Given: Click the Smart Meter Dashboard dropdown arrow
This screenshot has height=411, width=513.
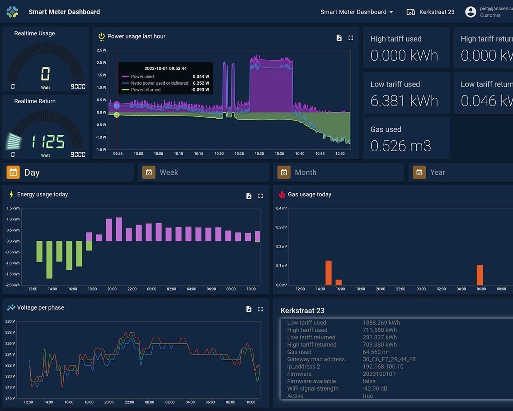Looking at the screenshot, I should [391, 12].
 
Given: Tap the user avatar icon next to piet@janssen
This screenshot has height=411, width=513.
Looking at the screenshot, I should [471, 12].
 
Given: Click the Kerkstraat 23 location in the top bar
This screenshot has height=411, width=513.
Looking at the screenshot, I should [430, 12].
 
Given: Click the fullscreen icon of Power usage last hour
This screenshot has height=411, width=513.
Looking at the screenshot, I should [351, 38].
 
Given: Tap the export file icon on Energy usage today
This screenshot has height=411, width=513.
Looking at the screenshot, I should [249, 196].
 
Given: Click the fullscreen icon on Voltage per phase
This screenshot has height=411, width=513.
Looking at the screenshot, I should [260, 309].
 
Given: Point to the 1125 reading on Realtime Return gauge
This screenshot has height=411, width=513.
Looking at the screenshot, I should [48, 142].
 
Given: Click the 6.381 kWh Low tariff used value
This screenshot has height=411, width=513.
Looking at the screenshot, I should [404, 100].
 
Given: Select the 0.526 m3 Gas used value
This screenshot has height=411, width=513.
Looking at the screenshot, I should [400, 146].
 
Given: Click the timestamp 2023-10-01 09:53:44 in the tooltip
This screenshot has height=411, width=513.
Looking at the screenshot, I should [165, 68].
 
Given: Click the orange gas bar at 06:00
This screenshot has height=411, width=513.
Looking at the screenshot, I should [480, 275].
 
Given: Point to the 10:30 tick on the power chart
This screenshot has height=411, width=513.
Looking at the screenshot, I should [259, 154].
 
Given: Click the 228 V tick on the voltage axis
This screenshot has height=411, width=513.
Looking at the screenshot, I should [10, 332].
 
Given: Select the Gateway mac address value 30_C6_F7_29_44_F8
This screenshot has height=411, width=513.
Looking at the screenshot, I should [389, 359].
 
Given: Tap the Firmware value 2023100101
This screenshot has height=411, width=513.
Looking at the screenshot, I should [379, 374].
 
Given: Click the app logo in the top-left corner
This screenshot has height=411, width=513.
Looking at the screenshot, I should [12, 12].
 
